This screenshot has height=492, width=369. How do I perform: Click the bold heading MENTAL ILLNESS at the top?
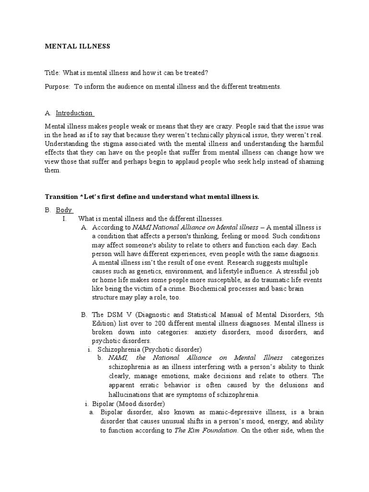tap(77, 47)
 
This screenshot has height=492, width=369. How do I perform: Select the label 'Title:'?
tap(52, 73)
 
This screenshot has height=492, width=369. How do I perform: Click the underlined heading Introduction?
tap(74, 113)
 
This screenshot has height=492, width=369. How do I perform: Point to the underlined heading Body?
tap(64, 210)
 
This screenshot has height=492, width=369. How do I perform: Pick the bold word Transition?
tap(61, 197)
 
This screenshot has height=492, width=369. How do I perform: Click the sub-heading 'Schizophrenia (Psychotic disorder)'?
tap(149, 349)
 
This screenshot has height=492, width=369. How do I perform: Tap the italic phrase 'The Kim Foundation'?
tap(206, 430)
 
